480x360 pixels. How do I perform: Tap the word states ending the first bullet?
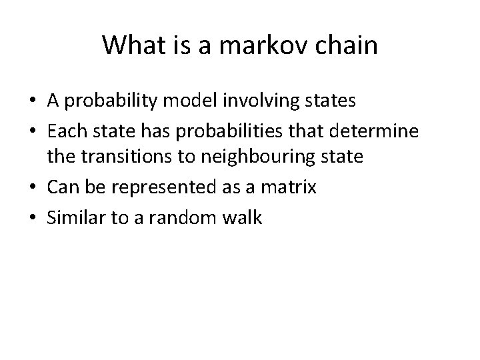(x=331, y=101)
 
